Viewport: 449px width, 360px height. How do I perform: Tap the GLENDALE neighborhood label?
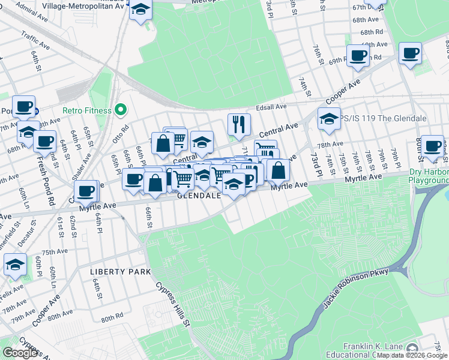pyautogui.click(x=198, y=196)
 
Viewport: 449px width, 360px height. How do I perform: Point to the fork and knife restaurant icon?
pyautogui.click(x=239, y=124)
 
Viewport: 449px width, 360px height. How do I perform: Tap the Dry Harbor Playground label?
pyautogui.click(x=429, y=176)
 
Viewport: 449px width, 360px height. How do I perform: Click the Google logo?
pyautogui.click(x=20, y=353)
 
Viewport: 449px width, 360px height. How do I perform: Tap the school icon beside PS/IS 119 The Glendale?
pyautogui.click(x=329, y=119)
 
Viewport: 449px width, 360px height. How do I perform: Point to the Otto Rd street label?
pyautogui.click(x=124, y=129)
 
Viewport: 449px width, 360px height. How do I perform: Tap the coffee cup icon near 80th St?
pyautogui.click(x=432, y=146)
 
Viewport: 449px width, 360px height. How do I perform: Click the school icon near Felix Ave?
pyautogui.click(x=15, y=265)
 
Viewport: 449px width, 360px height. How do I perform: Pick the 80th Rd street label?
pyautogui.click(x=110, y=314)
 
